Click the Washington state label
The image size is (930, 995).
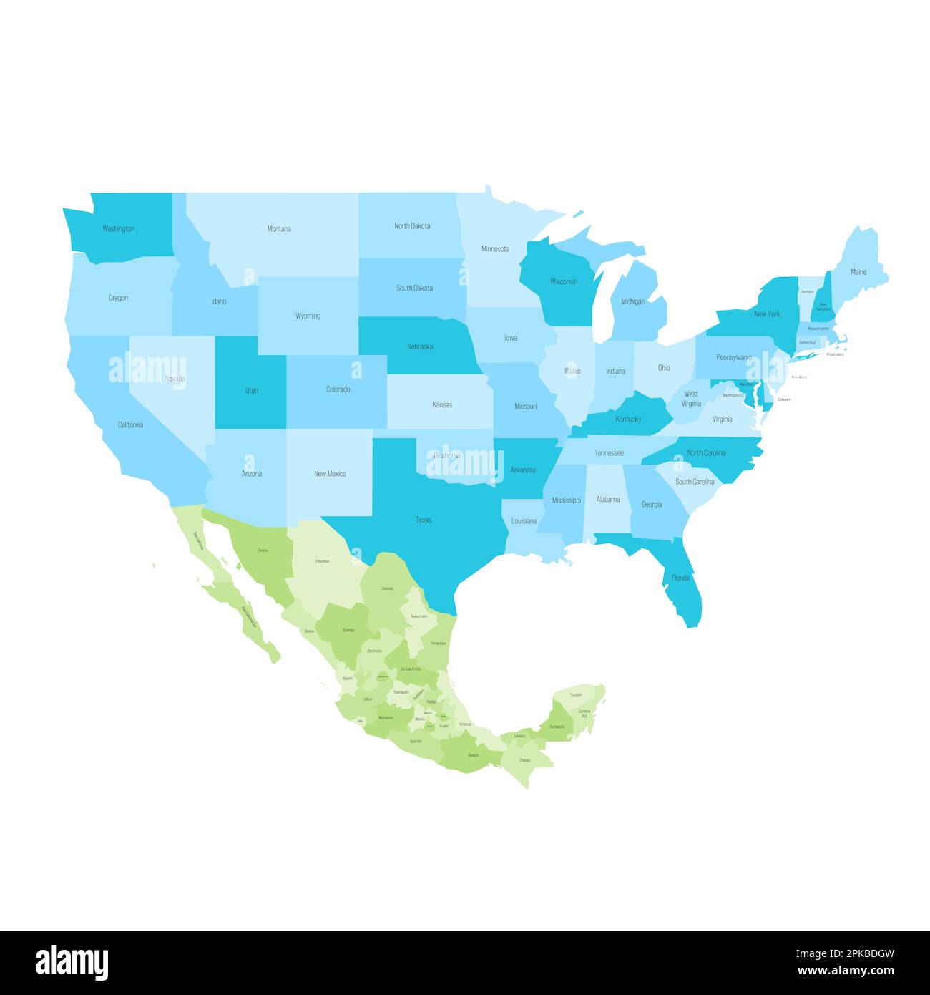[118, 229]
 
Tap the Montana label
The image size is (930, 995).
[279, 229]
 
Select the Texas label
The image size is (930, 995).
[424, 520]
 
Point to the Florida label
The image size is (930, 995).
[680, 578]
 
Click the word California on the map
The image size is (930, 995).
[130, 424]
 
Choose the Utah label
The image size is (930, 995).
[252, 391]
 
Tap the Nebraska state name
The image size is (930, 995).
[420, 346]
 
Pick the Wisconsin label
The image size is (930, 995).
[564, 281]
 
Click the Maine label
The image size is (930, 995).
[858, 272]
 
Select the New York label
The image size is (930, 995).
[767, 314]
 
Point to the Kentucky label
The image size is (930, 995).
[628, 419]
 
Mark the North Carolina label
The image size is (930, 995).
[706, 453]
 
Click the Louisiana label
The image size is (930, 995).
[524, 521]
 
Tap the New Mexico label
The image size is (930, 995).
[330, 474]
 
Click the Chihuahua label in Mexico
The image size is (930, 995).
[322, 561]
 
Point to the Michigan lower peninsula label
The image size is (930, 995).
[632, 301]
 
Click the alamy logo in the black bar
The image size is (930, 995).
[72, 962]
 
